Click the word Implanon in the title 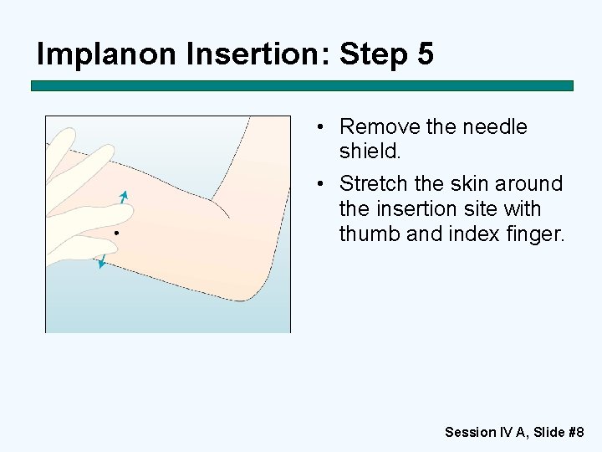(106, 54)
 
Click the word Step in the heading (373, 54)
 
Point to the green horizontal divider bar (302, 85)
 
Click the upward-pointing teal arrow (124, 197)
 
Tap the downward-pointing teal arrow (102, 261)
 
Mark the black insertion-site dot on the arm (117, 233)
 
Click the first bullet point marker (320, 127)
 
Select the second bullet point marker (320, 183)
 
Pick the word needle (495, 127)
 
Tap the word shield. (370, 151)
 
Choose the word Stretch (373, 183)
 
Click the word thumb (370, 234)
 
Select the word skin (469, 183)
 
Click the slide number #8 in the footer (576, 432)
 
